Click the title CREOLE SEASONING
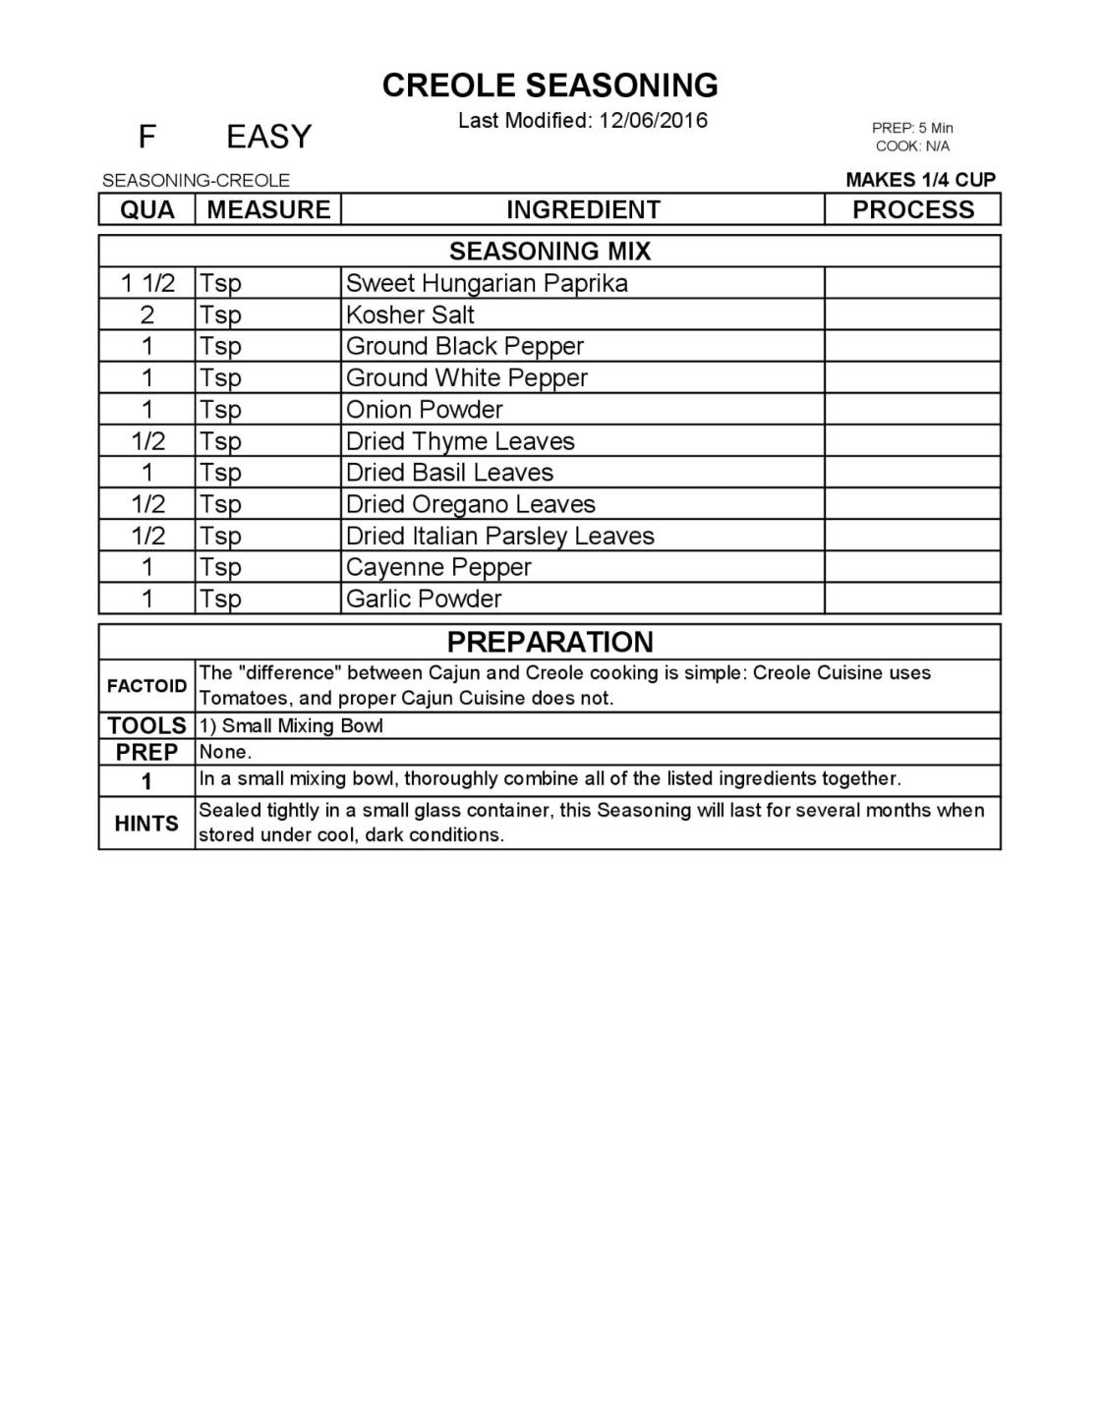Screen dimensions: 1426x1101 [550, 86]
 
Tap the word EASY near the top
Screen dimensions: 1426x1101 [268, 137]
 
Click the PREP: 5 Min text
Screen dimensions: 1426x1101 [912, 128]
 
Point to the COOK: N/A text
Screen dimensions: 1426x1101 [912, 146]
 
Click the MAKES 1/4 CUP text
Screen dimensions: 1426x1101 [920, 180]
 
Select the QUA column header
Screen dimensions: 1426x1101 [147, 209]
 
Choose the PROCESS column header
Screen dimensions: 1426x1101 [912, 209]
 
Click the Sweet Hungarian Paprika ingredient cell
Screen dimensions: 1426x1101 [487, 283]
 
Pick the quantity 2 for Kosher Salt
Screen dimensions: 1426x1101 [147, 315]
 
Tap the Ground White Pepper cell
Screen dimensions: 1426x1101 [467, 378]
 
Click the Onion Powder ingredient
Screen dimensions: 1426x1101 [424, 410]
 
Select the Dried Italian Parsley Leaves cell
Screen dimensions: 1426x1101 [499, 536]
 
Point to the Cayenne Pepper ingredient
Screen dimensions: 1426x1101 [438, 567]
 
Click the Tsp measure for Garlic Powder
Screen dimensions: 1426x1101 [220, 599]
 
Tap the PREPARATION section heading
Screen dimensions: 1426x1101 [550, 642]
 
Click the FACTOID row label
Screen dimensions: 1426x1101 [147, 686]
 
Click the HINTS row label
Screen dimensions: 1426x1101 [147, 824]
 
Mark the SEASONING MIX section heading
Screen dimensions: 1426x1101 [550, 252]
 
